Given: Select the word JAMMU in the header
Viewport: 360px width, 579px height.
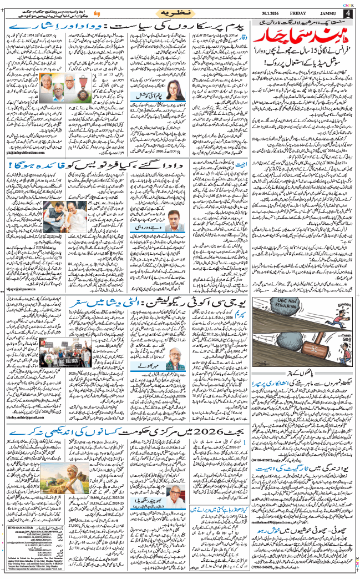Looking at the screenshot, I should (x=332, y=13).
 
